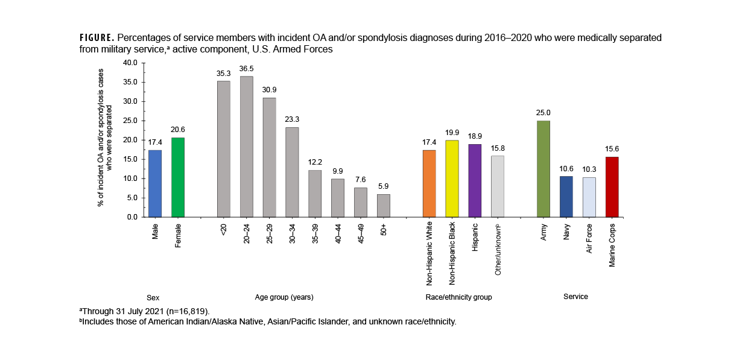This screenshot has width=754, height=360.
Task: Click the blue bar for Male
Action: pyautogui.click(x=155, y=183)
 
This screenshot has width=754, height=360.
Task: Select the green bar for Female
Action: pyautogui.click(x=178, y=177)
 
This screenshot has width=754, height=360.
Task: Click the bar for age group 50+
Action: pyautogui.click(x=384, y=205)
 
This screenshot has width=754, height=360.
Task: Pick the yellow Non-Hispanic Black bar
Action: pyautogui.click(x=452, y=178)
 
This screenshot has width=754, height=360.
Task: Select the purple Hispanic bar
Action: pyautogui.click(x=475, y=180)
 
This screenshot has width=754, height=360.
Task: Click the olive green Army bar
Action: pyautogui.click(x=543, y=169)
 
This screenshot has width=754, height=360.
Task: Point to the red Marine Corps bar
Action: pyautogui.click(x=612, y=187)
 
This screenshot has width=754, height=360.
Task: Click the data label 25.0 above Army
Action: pyautogui.click(x=543, y=113)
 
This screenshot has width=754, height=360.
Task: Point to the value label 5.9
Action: pyautogui.click(x=384, y=186)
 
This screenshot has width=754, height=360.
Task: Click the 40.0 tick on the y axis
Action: pyautogui.click(x=130, y=63)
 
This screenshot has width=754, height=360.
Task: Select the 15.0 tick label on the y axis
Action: pyautogui.click(x=130, y=159)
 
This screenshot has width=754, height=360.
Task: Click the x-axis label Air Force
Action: pyautogui.click(x=589, y=238)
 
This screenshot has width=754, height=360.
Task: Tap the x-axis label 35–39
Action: pyautogui.click(x=315, y=235)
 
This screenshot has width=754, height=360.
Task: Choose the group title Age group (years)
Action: pyautogui.click(x=284, y=297)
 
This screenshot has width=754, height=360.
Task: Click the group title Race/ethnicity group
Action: pyautogui.click(x=458, y=297)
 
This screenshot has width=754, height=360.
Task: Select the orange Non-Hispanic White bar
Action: pyautogui.click(x=429, y=183)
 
